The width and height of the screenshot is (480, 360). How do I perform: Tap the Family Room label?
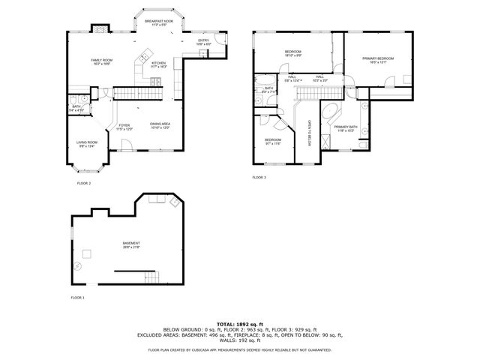(103, 61)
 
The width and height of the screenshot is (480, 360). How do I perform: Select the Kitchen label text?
(159, 64)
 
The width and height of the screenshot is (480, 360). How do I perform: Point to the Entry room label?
(203, 42)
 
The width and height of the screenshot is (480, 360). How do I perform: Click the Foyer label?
(124, 127)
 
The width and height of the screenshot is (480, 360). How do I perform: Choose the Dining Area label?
(160, 125)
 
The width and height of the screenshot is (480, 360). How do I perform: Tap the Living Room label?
(87, 143)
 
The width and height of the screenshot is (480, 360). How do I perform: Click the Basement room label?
(131, 244)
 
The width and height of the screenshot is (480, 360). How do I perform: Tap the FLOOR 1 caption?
(78, 298)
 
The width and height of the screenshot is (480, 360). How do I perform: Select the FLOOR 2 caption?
(84, 183)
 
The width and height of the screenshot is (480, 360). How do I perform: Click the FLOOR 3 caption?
(259, 177)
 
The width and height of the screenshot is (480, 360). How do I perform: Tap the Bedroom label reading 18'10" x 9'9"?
(292, 53)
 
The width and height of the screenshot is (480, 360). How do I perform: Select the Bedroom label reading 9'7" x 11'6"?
(273, 141)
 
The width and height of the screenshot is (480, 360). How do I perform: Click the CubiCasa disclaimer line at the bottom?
(239, 349)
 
